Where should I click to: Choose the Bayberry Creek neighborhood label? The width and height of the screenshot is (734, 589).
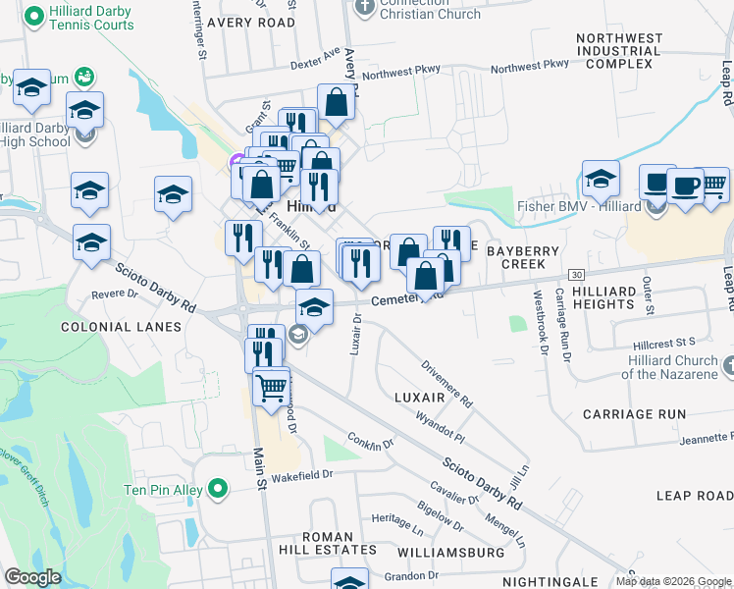[523, 257]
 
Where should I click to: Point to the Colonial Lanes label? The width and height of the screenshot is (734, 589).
[121, 326]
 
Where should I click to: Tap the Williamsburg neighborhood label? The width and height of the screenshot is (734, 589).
[452, 553]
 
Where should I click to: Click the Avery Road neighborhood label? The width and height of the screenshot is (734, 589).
[250, 22]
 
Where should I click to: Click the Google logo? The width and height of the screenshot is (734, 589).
[32, 577]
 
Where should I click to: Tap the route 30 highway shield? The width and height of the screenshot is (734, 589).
[576, 274]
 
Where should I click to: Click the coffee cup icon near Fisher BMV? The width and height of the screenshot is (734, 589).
[685, 187]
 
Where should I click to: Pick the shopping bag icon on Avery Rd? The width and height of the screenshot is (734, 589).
[336, 102]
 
